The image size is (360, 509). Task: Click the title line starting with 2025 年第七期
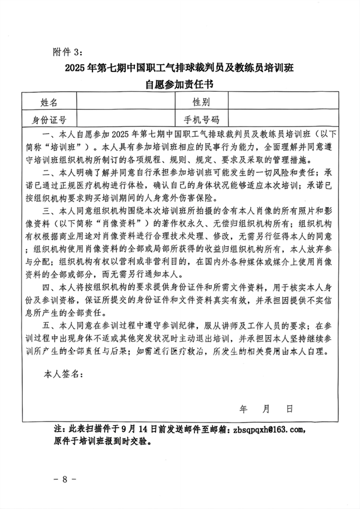pyautogui.click(x=180, y=67)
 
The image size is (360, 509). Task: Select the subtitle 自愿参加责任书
pyautogui.click(x=180, y=85)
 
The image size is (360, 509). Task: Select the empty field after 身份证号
pyautogui.click(x=123, y=119)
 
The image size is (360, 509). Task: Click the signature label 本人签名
pyautogui.click(x=62, y=374)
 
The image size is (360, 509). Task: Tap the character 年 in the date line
pyautogui.click(x=244, y=409)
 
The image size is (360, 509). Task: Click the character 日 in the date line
pyautogui.click(x=289, y=409)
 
